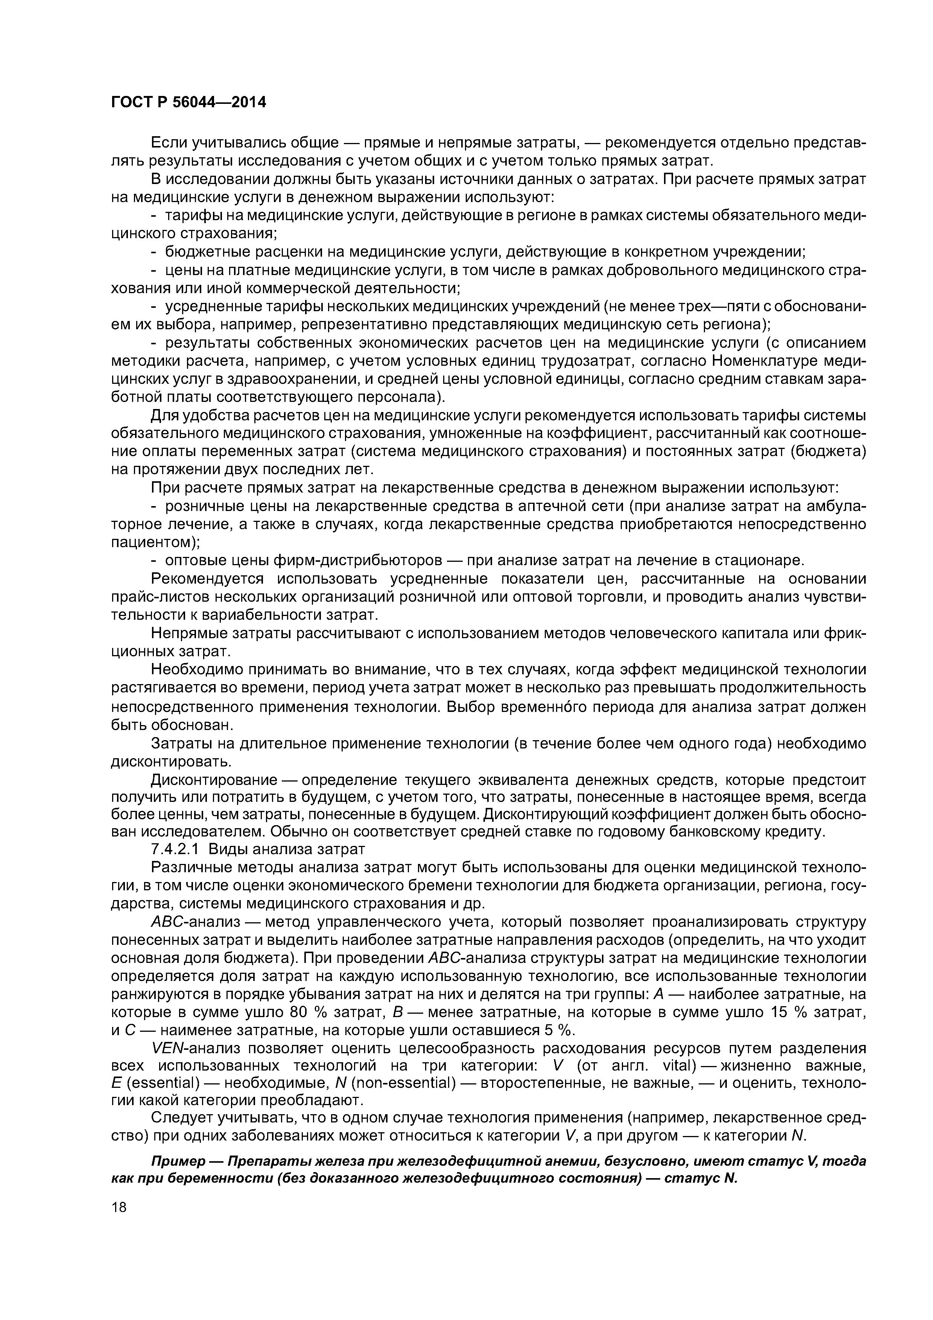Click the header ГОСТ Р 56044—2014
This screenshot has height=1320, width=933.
[188, 102]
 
